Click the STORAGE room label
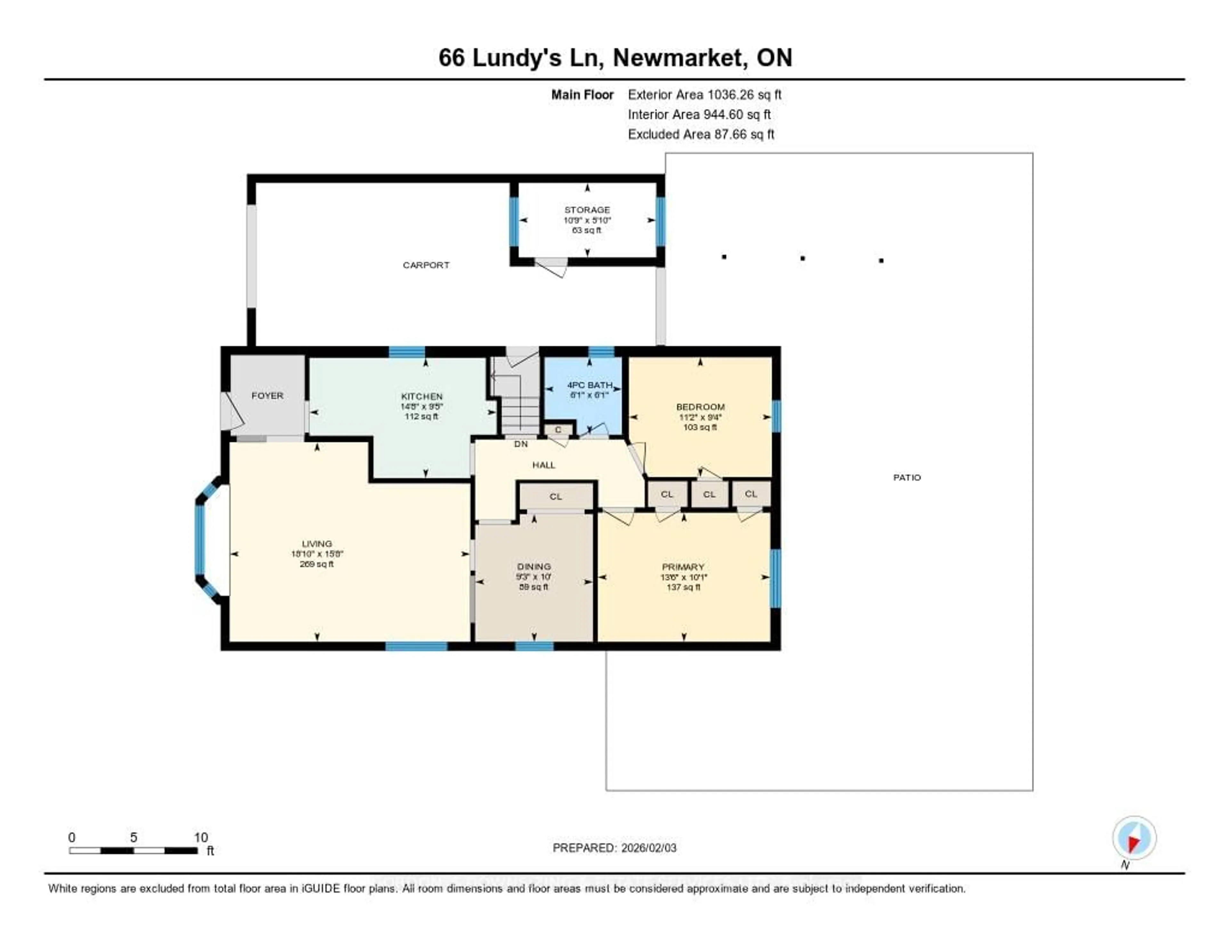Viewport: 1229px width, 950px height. click(x=587, y=209)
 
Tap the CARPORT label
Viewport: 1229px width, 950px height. click(x=426, y=265)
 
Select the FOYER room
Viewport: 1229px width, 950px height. click(x=267, y=395)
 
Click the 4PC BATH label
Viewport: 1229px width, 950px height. click(x=589, y=385)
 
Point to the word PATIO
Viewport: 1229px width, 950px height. click(x=907, y=477)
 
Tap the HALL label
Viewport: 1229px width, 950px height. click(x=543, y=464)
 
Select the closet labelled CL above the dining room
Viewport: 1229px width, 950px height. click(x=555, y=496)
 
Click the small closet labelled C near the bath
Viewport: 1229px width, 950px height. click(x=558, y=430)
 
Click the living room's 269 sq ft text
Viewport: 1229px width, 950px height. click(x=317, y=564)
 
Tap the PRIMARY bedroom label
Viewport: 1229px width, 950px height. click(x=683, y=567)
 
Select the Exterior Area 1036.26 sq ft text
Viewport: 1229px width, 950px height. click(x=704, y=94)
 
